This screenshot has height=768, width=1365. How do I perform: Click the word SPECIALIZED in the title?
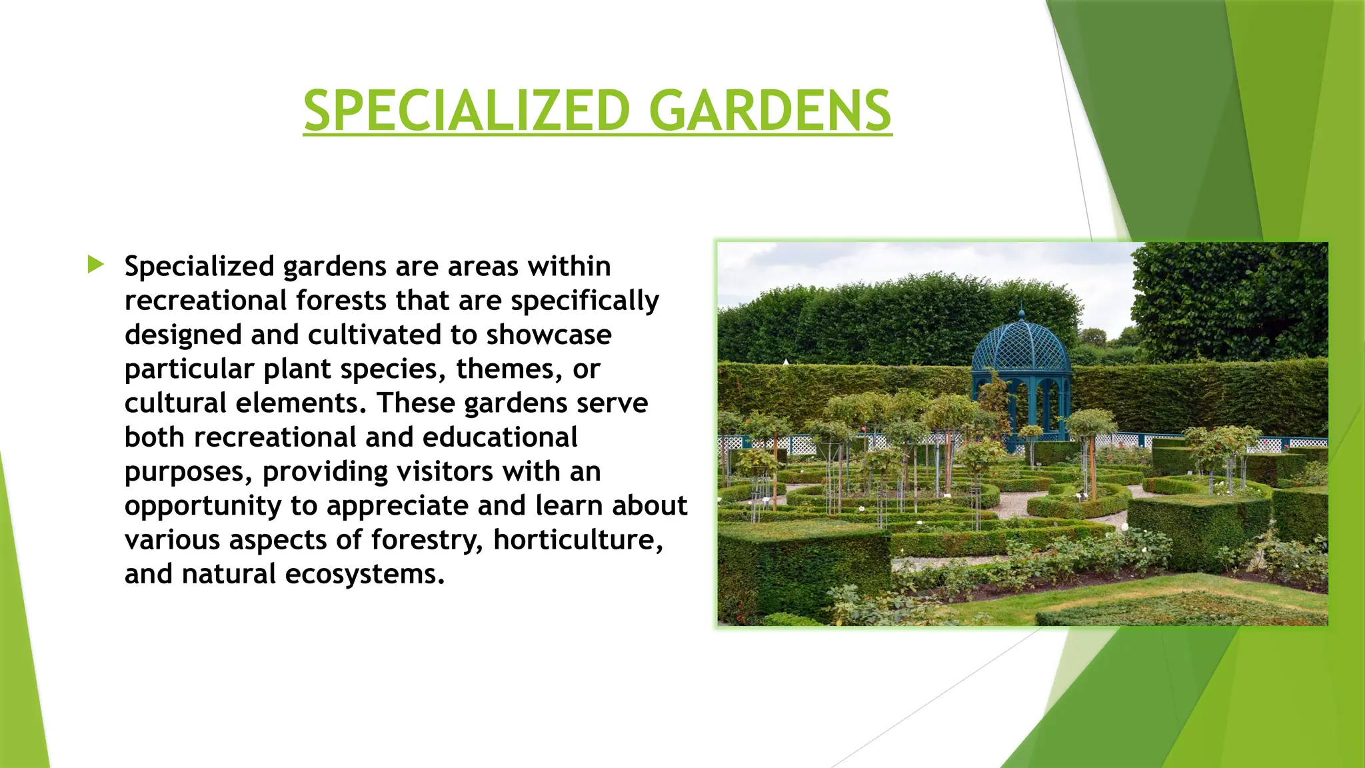pyautogui.click(x=467, y=111)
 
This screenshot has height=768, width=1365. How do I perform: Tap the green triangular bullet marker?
pyautogui.click(x=95, y=265)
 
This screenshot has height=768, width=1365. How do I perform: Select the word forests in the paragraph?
pyautogui.click(x=341, y=301)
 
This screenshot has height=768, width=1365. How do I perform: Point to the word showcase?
pyautogui.click(x=549, y=335)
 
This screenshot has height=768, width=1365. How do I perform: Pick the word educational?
pyautogui.click(x=500, y=437)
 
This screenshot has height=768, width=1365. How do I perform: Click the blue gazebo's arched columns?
pyautogui.click(x=1022, y=407)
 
